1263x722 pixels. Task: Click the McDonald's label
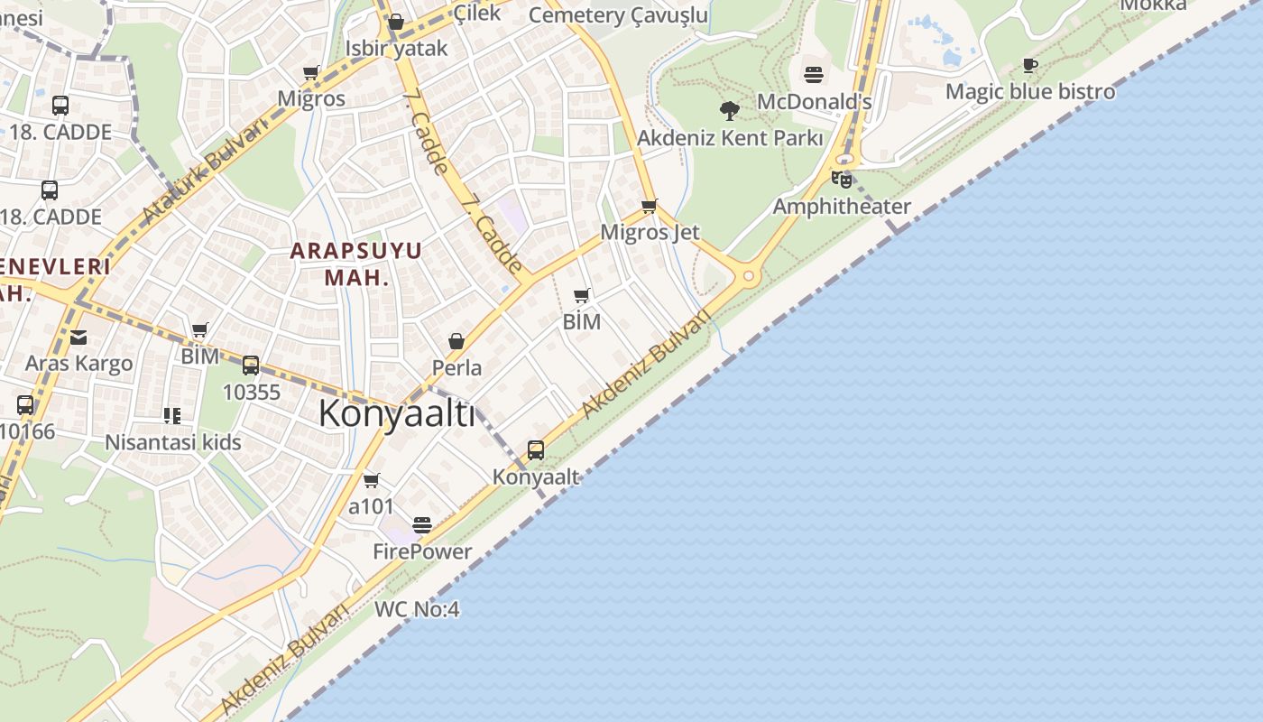coord(814,101)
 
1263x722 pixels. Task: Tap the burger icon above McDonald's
coord(814,74)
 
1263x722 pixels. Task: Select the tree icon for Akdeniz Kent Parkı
coord(730,111)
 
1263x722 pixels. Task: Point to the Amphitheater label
coord(842,207)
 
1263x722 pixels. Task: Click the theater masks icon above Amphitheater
coord(842,179)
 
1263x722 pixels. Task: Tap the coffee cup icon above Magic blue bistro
coord(1030,65)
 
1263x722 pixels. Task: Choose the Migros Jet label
coord(650,232)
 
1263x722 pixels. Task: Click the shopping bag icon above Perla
coord(456,341)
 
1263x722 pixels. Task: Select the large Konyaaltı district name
coord(397,414)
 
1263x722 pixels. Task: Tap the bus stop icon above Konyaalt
coord(536,449)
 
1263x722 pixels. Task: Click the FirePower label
coord(422,551)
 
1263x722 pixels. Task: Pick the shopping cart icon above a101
coord(372,480)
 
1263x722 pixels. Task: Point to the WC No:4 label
coord(417,609)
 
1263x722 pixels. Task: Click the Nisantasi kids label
coord(173,442)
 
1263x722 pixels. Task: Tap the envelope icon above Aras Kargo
coord(78,338)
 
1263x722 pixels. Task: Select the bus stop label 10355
coord(252,393)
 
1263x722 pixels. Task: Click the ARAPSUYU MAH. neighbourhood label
coord(356,264)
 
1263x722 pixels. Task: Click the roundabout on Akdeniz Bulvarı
coord(748,275)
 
